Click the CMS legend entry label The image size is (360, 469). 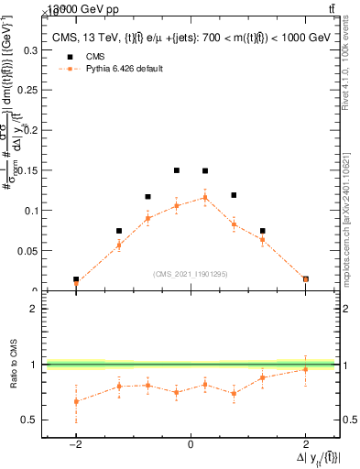pos(93,55)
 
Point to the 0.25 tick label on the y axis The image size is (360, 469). pos(27,90)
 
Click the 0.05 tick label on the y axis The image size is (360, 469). pos(27,250)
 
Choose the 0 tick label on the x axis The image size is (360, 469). pos(191,444)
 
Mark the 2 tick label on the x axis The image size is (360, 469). pos(305,444)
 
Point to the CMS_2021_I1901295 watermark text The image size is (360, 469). pos(191,274)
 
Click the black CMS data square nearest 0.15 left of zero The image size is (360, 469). pos(177,170)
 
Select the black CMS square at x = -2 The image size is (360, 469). pos(76,279)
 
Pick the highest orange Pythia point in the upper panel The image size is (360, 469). pos(205,197)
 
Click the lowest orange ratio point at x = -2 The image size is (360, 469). pos(76,401)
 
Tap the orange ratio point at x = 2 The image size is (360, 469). pos(305,369)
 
